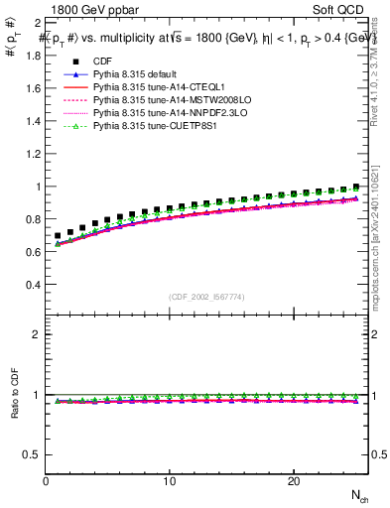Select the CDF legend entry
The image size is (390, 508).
[x=102, y=63]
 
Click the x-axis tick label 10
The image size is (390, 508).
[x=170, y=481]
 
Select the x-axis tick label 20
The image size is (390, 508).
[x=294, y=481]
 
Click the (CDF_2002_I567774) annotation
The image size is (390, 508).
[x=206, y=298]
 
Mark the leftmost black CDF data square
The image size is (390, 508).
[x=59, y=236]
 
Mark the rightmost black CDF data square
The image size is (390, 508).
[x=355, y=186]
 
